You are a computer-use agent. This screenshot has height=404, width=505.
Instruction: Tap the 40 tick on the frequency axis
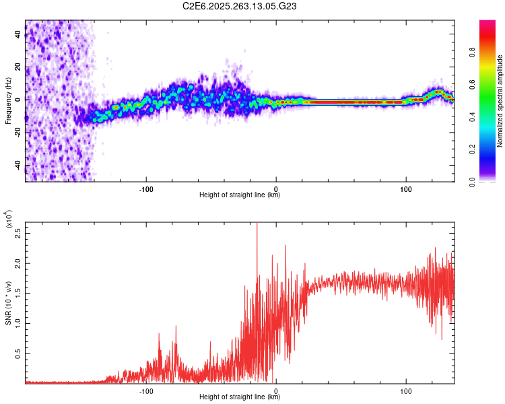coord(18,34)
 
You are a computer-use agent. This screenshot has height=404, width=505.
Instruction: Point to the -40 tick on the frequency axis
coord(18,166)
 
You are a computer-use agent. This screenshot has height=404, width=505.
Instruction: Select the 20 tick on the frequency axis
coord(18,67)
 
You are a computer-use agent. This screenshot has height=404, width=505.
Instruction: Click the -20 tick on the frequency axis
coord(18,133)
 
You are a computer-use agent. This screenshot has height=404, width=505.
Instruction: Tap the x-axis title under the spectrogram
coord(240,196)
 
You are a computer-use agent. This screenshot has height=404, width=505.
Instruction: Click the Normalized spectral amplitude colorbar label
coord(500,102)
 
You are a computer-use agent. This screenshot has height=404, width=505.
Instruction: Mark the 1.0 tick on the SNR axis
coord(18,323)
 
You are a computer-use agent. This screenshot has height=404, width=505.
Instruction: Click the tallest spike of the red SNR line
coord(257,225)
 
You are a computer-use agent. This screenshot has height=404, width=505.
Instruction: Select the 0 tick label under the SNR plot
coord(276,391)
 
